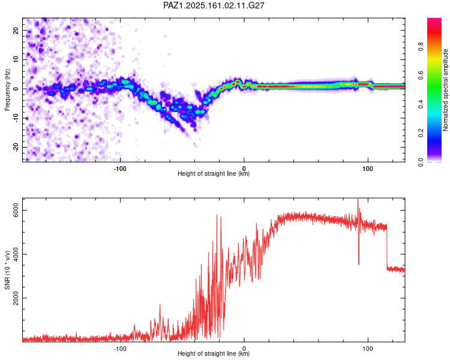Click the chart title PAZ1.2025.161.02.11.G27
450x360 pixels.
point(214,5)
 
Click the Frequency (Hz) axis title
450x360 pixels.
point(7,90)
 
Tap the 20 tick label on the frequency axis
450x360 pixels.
point(16,31)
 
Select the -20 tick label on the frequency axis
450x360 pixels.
point(16,147)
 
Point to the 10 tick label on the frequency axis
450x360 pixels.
point(16,60)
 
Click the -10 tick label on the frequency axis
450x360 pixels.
point(16,118)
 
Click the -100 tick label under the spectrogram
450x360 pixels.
point(120,169)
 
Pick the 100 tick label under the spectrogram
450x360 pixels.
point(368,169)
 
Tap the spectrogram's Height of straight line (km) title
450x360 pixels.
point(214,173)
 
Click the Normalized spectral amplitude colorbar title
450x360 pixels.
point(445,90)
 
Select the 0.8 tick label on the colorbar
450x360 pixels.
point(421,47)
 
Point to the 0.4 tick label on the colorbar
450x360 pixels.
point(421,104)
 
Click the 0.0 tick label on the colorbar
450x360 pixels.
point(421,162)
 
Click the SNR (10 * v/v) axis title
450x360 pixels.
point(7,270)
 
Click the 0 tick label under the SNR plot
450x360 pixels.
point(244,349)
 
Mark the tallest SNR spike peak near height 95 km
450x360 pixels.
point(358,199)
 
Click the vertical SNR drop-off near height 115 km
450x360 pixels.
point(387,247)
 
